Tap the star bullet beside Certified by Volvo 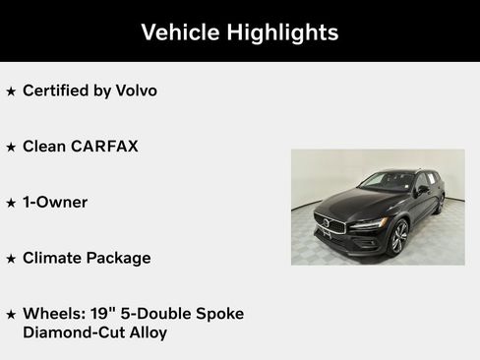(11, 91)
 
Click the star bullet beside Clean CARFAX (11, 148)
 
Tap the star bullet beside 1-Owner (11, 203)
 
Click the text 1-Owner (55, 202)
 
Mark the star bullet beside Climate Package (11, 259)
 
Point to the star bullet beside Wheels (11, 315)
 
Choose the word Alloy (145, 332)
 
